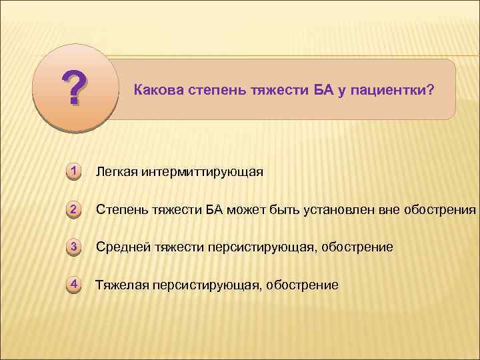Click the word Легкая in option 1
tap(117, 173)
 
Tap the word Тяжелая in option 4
tap(121, 285)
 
